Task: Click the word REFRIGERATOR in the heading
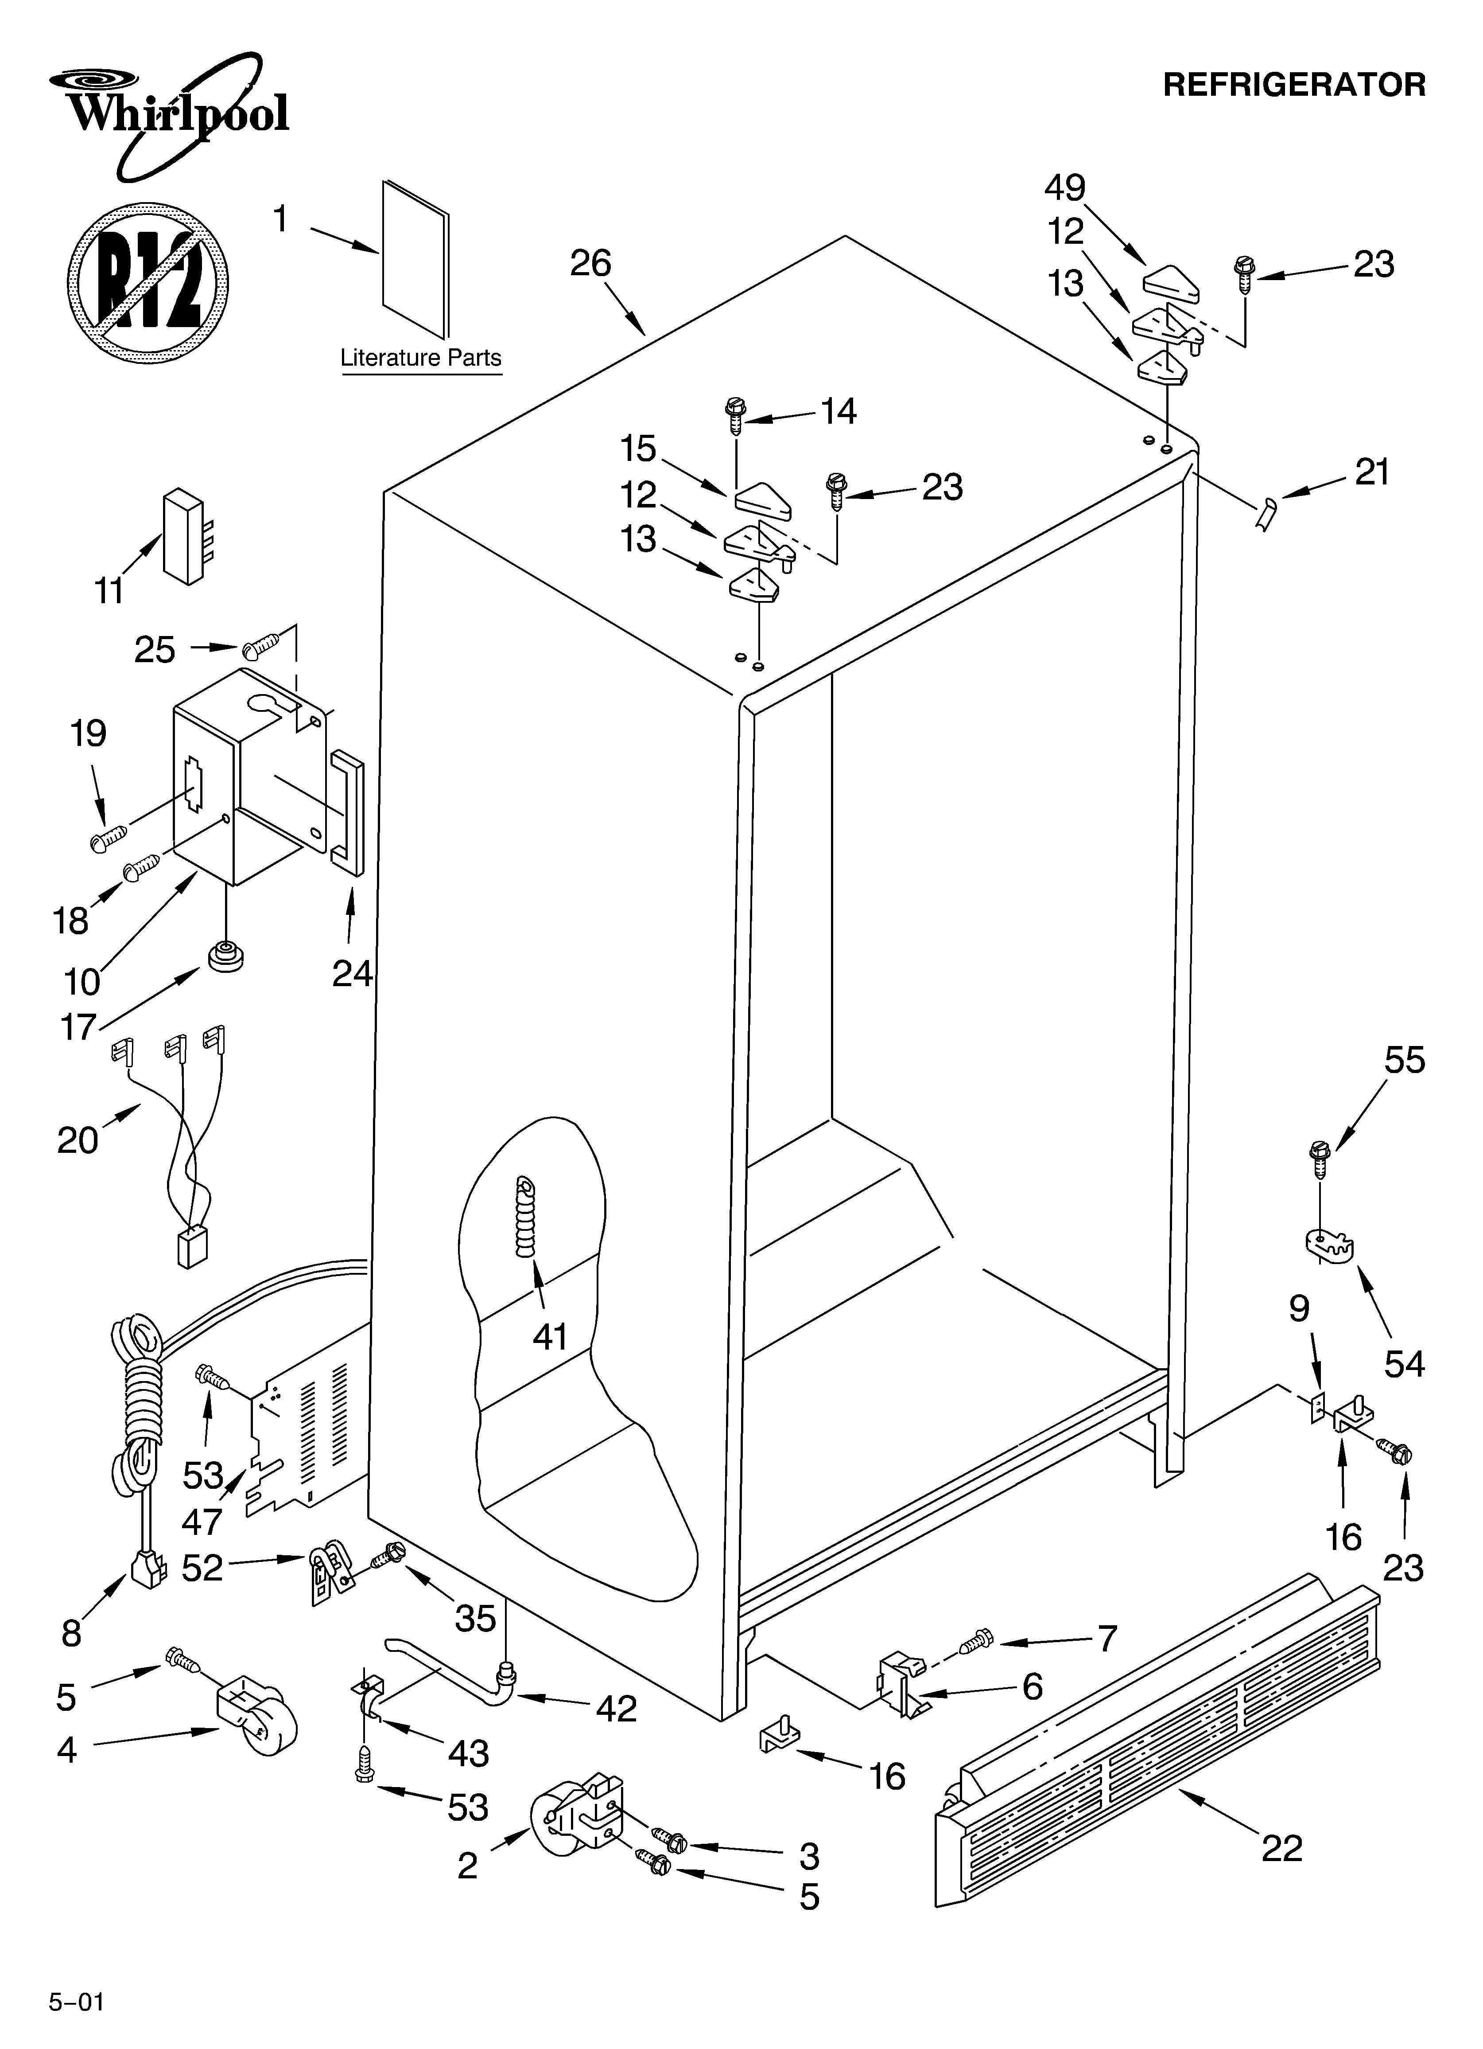1293,85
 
